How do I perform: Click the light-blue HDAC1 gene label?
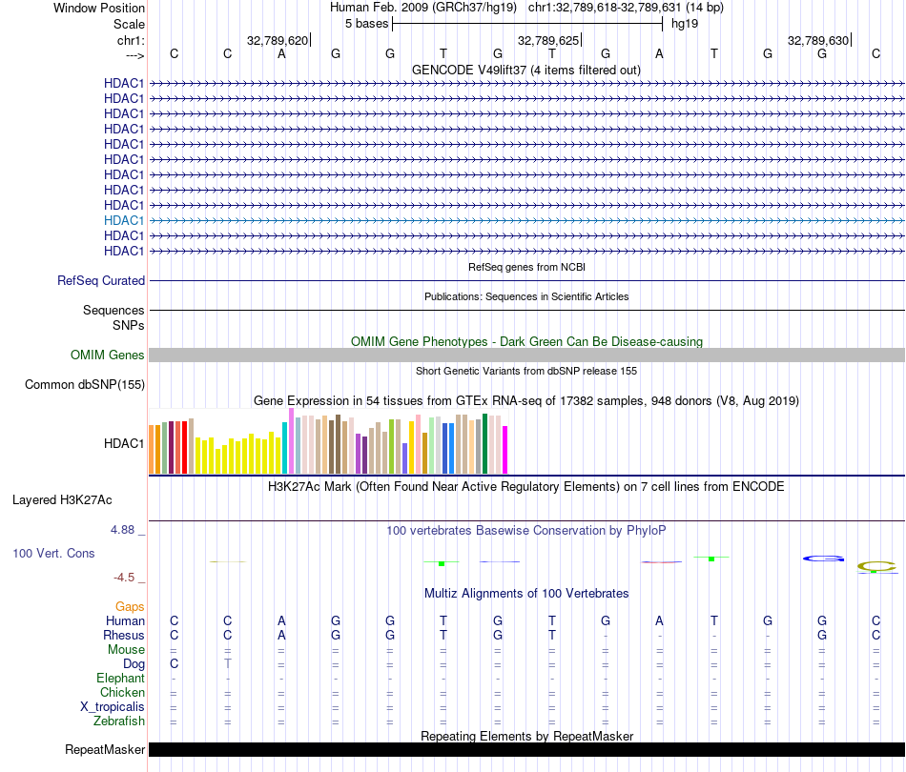(124, 220)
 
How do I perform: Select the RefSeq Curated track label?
(101, 280)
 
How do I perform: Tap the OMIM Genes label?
(108, 355)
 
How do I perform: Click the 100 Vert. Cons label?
(53, 553)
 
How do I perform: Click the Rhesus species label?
(124, 635)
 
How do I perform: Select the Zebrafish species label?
(119, 721)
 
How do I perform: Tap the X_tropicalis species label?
(113, 706)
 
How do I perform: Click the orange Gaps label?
(130, 606)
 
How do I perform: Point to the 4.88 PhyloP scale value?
(129, 530)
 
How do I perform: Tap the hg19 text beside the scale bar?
(685, 23)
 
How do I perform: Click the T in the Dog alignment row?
(228, 663)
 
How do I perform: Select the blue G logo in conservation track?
(823, 559)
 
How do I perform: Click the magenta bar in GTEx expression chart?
(504, 449)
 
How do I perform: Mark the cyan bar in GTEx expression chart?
(284, 447)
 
